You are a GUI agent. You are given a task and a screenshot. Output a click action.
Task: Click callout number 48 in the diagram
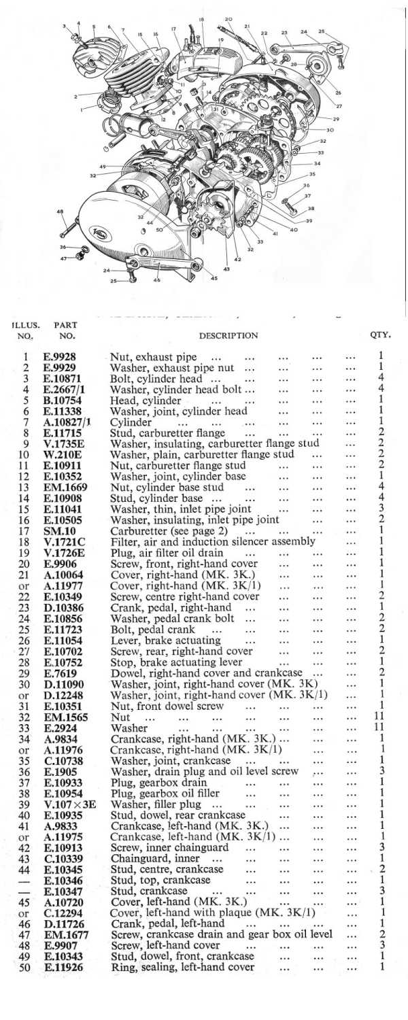[61, 211]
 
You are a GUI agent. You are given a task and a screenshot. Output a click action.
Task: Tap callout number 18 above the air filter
[201, 19]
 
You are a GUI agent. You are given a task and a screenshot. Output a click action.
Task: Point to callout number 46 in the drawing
[157, 279]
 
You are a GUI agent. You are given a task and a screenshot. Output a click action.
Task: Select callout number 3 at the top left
[65, 26]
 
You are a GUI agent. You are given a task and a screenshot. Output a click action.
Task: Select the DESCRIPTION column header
[228, 335]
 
